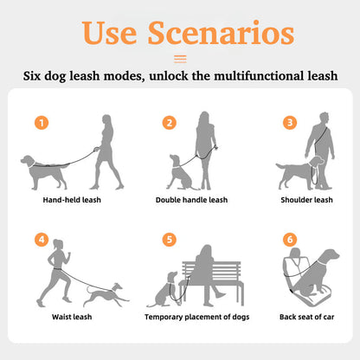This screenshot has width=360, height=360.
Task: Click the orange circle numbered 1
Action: coord(42,123)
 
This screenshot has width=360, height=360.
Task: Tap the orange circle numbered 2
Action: coord(170,123)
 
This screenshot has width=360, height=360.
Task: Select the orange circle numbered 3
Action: coord(290,123)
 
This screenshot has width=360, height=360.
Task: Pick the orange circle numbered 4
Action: coord(42,240)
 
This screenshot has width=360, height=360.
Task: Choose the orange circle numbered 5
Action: coord(170,240)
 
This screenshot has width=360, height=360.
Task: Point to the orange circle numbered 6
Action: coord(290,240)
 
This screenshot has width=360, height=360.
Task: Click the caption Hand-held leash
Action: coord(72,200)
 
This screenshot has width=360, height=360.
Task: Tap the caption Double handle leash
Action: coord(191,200)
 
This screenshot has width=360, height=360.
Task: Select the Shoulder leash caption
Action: coord(306,200)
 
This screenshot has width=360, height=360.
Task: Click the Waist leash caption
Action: coord(72,317)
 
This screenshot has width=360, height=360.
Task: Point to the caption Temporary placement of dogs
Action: coord(197,317)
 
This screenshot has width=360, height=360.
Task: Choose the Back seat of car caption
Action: coord(306,317)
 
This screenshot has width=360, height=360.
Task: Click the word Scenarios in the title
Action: coord(221,33)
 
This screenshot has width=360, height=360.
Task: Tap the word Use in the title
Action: coord(109,33)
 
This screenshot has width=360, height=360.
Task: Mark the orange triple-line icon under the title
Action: coord(180,59)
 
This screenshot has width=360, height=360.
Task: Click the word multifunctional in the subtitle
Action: coord(258,76)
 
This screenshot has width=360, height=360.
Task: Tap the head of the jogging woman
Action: coord(58,244)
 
